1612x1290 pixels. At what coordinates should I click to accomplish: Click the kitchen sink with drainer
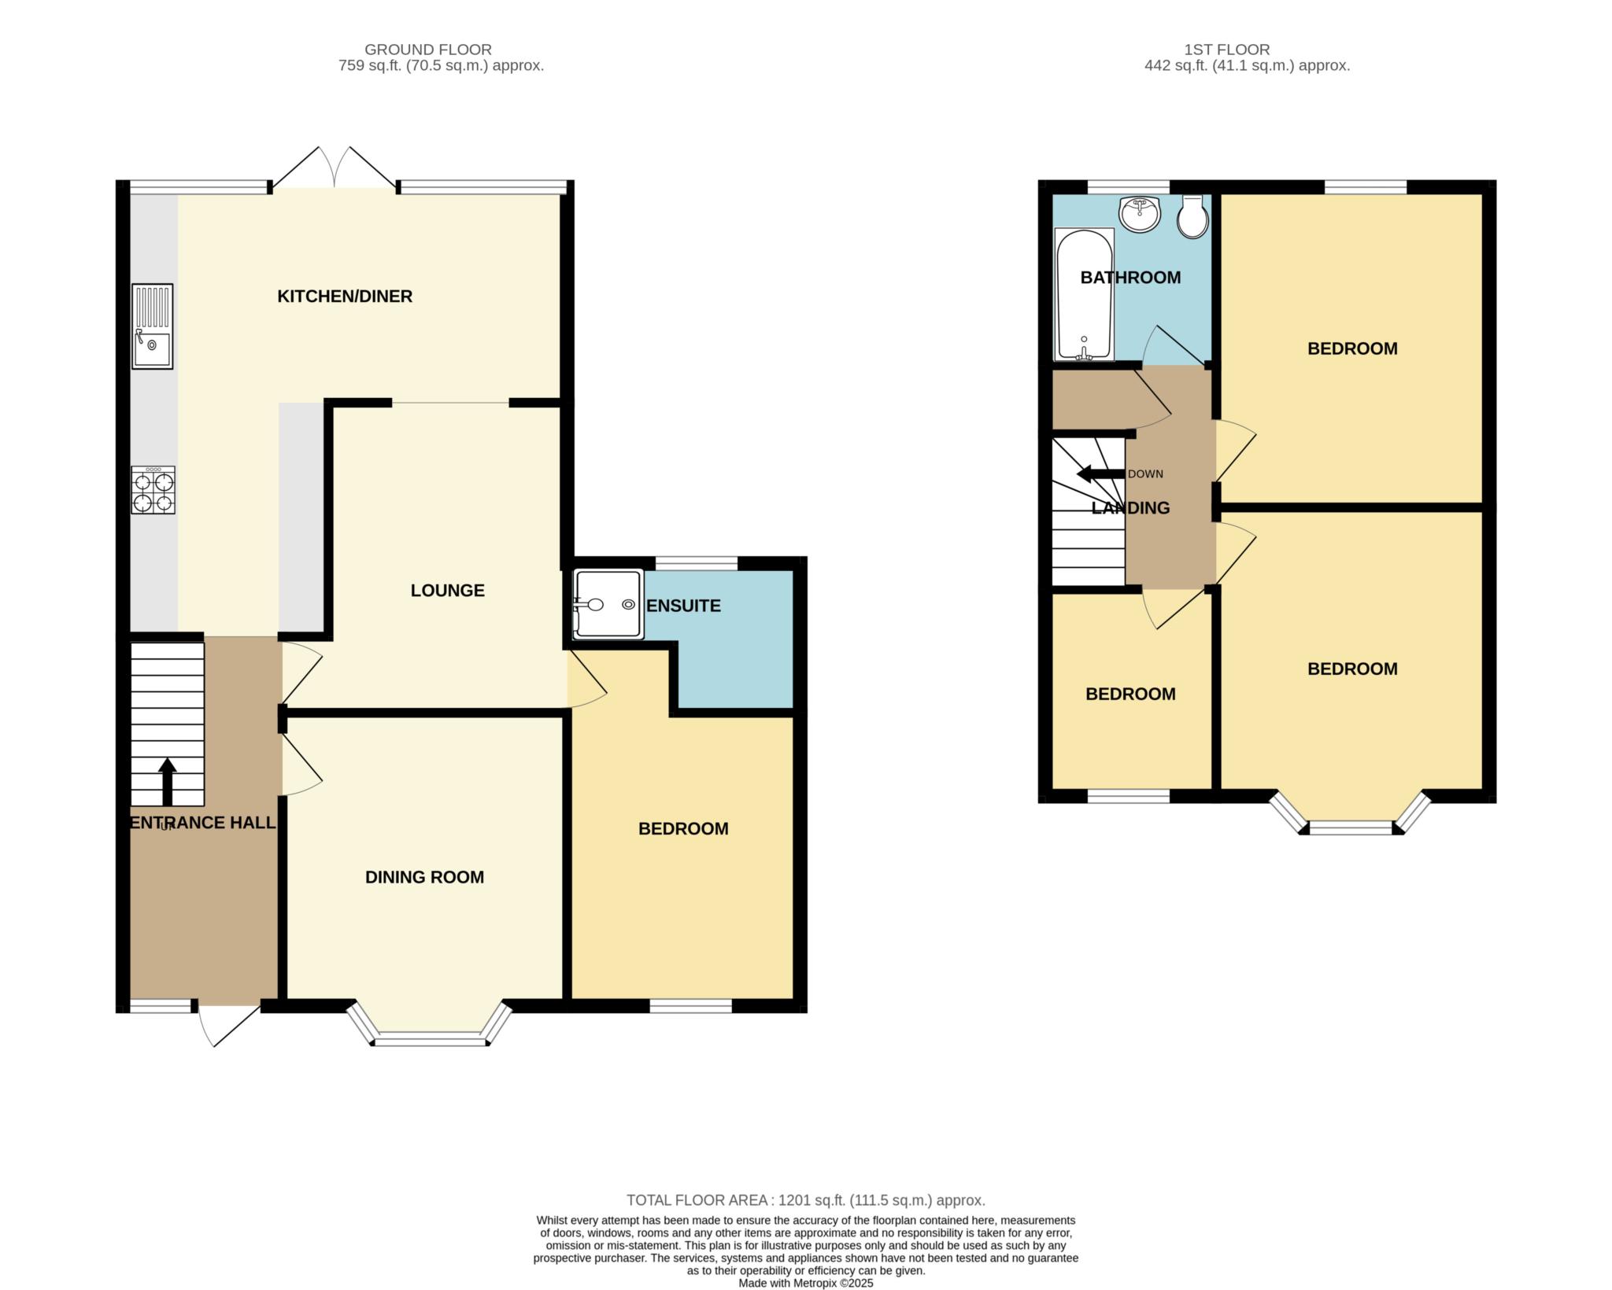pos(153,326)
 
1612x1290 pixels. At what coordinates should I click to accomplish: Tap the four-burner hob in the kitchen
pos(153,490)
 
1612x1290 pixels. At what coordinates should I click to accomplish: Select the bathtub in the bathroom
pos(1084,294)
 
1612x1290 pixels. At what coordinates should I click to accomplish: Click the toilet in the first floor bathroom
pos(1193,216)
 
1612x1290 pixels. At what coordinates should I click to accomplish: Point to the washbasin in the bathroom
pos(1140,213)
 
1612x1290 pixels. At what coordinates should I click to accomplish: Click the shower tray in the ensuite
pos(608,604)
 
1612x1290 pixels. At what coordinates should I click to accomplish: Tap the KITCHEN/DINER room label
pos(345,297)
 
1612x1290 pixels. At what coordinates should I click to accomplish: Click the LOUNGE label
pos(447,591)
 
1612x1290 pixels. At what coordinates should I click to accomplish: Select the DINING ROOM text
pos(424,877)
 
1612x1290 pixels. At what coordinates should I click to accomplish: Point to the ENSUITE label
pos(683,606)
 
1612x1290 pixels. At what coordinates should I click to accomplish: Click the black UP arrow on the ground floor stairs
pos(167,782)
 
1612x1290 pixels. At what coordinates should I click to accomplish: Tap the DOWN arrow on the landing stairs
pos(1100,474)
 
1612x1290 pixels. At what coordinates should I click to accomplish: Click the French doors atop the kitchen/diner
pos(335,168)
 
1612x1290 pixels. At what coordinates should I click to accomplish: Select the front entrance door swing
pos(228,1025)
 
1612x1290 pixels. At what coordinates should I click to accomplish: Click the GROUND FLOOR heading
pos(428,50)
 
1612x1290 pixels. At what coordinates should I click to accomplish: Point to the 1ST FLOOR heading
pos(1227,50)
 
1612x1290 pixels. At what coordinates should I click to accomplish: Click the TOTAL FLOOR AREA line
pos(806,1200)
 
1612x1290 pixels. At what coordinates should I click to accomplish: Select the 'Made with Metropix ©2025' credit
pos(806,1283)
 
